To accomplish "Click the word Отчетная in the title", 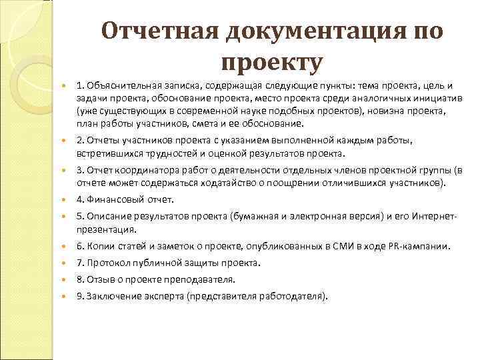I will tap(158, 31).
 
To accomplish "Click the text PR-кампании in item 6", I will tap(420, 246).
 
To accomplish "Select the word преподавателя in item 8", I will tap(204, 279).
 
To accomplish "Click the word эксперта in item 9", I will tap(157, 297).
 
